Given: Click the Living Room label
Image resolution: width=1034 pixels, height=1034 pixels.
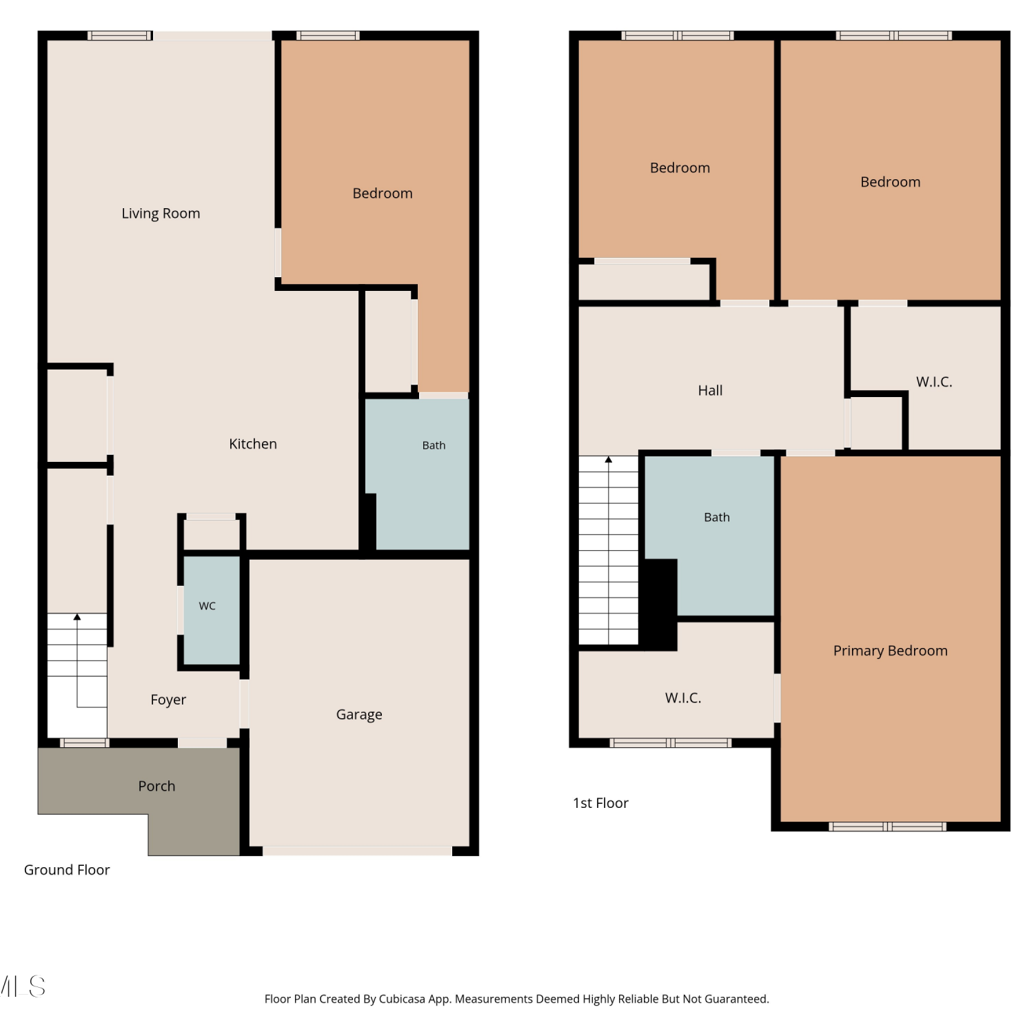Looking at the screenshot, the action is (161, 214).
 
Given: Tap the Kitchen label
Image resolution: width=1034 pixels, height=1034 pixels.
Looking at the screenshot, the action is (253, 444).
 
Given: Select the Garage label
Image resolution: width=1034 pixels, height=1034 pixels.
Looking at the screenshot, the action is (359, 715).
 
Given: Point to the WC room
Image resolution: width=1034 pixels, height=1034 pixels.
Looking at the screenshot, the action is (212, 610).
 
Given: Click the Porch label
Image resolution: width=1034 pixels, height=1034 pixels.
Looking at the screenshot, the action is (156, 787).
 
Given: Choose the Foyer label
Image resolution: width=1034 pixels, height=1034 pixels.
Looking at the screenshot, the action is (168, 700).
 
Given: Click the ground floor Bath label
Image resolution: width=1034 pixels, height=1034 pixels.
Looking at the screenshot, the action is (434, 445).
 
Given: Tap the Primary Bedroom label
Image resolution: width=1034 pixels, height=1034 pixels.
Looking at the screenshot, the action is (891, 651).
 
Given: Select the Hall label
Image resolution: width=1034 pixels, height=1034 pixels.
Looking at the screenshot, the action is (710, 391).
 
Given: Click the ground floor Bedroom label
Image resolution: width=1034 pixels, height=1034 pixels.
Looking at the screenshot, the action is (383, 194).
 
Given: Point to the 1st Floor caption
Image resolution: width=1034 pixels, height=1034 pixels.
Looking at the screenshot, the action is (600, 803).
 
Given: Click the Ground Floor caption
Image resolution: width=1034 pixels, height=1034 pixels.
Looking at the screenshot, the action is (67, 870).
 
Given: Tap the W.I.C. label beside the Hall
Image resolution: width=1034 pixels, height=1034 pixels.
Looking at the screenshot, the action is (934, 382).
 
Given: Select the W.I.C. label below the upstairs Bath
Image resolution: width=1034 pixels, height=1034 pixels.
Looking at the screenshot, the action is (683, 698).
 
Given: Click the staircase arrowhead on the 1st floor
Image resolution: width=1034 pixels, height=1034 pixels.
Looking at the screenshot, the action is (609, 460).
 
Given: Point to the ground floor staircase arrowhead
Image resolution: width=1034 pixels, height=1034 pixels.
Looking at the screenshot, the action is (77, 617).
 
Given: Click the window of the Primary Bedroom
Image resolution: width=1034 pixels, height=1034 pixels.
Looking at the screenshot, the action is (888, 827).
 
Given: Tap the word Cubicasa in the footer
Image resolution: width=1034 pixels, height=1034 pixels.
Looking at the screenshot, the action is (402, 999).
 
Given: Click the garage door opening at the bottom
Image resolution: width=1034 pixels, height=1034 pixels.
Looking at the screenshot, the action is (357, 851).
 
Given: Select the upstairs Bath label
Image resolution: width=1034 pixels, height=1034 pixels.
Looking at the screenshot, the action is (717, 517).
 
